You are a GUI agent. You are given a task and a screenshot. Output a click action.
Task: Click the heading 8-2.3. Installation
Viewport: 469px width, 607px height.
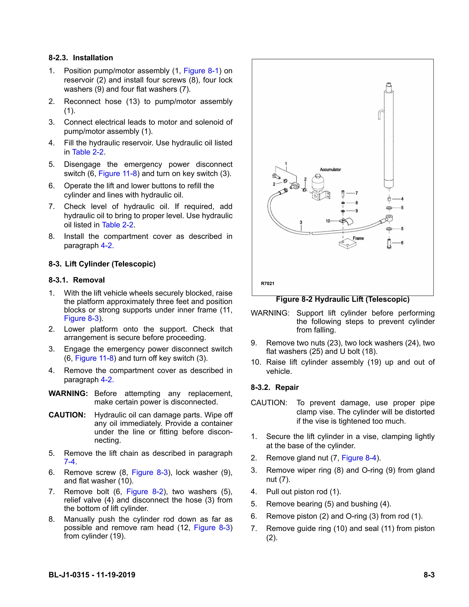81,58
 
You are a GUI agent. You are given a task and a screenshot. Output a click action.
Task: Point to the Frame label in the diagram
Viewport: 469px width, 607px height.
358,238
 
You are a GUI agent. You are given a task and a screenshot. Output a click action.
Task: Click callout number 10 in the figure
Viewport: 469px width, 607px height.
328,221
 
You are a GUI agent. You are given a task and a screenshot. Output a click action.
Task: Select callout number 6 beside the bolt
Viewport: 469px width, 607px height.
402,243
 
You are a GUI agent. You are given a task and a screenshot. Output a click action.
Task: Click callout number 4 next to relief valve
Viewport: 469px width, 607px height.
402,199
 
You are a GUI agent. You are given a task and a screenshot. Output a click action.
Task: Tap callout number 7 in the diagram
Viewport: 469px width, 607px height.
357,193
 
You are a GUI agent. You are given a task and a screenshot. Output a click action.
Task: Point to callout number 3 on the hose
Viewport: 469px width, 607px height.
301,222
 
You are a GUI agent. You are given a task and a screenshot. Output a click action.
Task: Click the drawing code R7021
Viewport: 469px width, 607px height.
267,284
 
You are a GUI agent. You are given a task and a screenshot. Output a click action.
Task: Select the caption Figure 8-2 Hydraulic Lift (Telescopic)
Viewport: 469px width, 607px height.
343,299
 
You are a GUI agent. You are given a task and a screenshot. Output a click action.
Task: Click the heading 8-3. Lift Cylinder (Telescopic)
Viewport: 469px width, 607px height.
102,264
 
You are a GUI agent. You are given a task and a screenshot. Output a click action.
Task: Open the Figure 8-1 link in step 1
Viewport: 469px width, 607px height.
201,71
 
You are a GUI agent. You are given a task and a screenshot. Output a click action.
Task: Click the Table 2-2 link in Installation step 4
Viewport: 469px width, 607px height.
88,152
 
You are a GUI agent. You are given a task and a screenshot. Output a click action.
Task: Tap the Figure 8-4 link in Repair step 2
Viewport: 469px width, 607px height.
359,458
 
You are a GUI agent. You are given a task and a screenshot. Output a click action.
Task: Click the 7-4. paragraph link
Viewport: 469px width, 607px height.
70,462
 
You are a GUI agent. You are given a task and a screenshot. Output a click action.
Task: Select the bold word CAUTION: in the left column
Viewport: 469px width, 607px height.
67,415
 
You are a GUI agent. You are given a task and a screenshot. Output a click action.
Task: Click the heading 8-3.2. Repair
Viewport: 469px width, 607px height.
275,387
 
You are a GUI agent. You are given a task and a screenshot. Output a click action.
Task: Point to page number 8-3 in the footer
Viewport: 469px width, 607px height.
429,575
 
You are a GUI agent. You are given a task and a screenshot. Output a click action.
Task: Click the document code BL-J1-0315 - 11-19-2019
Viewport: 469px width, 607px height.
92,575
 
